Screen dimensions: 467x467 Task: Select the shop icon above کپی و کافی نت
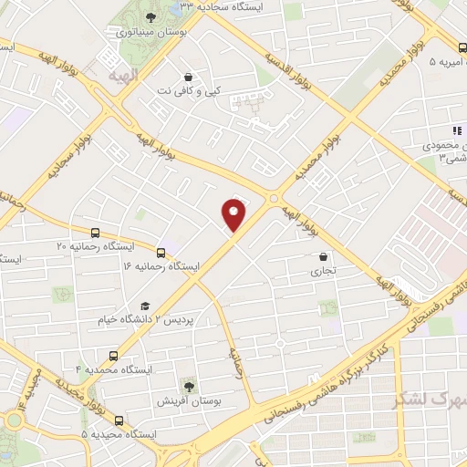pos(188,77)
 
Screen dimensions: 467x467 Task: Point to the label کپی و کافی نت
pos(188,91)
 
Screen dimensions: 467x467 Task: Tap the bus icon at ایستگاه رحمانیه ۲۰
pos(96,233)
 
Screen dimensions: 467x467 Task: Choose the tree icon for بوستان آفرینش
pos(189,388)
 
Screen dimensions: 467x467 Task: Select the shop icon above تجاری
pos(325,257)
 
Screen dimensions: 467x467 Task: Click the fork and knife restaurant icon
pos(458,131)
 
